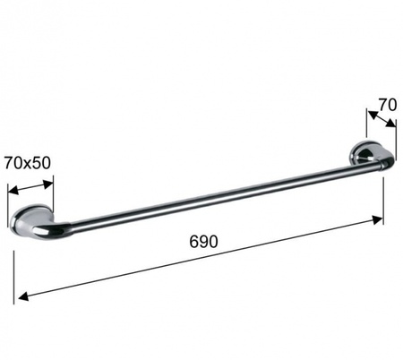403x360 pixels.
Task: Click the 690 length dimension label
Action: click(203, 242)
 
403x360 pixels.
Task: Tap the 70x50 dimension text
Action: click(28, 163)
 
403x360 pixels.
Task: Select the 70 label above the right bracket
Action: click(388, 105)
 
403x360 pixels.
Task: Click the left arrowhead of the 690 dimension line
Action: click(23, 296)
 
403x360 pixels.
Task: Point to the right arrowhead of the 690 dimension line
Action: click(377, 220)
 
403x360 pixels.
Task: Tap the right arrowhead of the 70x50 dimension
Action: click(48, 184)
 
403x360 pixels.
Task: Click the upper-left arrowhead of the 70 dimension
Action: click(372, 115)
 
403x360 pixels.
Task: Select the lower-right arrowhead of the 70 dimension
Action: click(390, 124)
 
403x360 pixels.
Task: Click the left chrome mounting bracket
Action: click(30, 219)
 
